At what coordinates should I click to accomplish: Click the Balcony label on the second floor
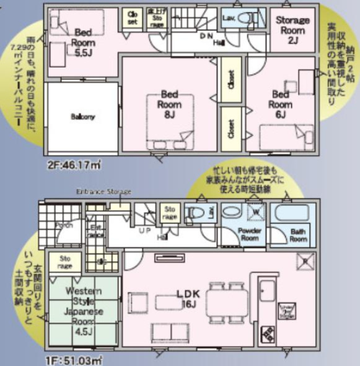(x=82, y=117)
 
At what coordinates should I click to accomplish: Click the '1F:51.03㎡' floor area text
(x=73, y=359)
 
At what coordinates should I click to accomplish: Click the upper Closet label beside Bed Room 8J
(x=230, y=81)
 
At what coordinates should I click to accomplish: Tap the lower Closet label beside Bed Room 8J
(x=230, y=128)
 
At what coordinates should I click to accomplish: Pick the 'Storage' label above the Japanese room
(x=65, y=262)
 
